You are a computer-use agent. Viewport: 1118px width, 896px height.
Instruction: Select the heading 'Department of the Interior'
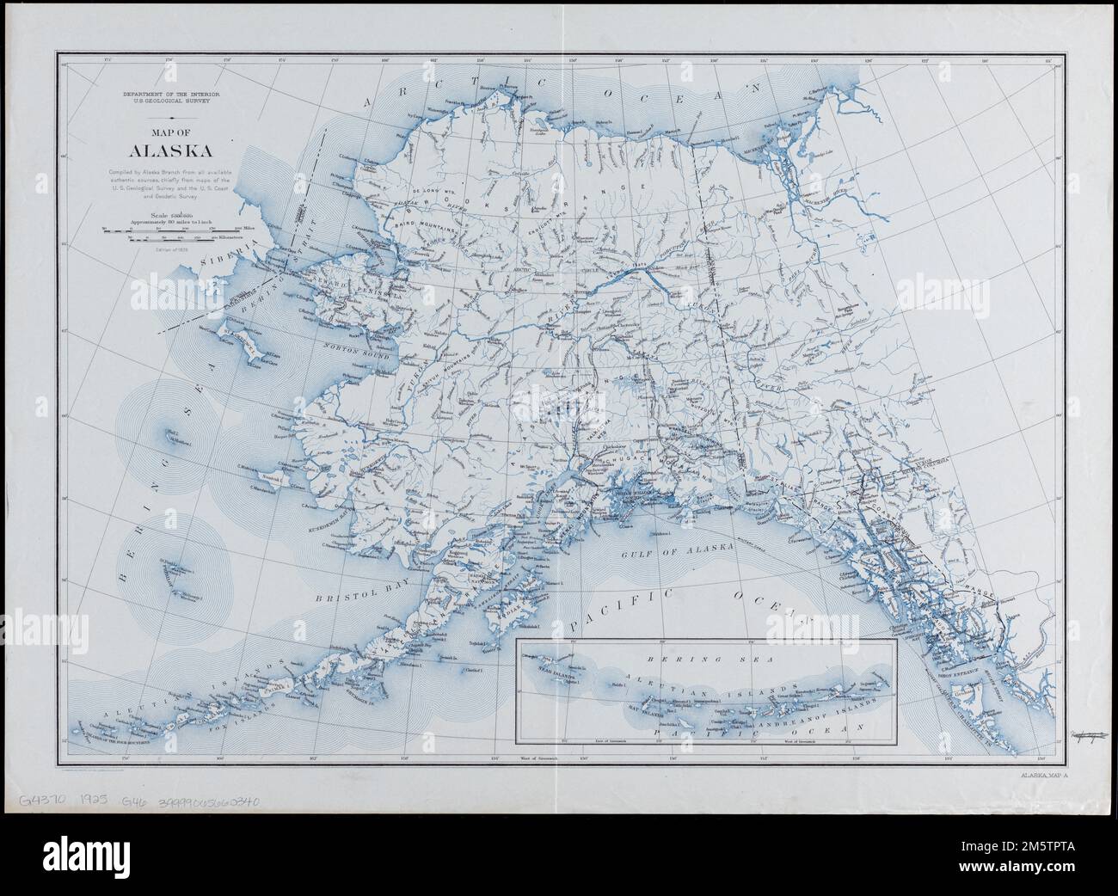[171, 92]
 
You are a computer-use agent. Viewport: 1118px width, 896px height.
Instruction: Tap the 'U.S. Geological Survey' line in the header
[171, 101]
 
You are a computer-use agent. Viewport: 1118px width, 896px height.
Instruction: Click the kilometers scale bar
[171, 239]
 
